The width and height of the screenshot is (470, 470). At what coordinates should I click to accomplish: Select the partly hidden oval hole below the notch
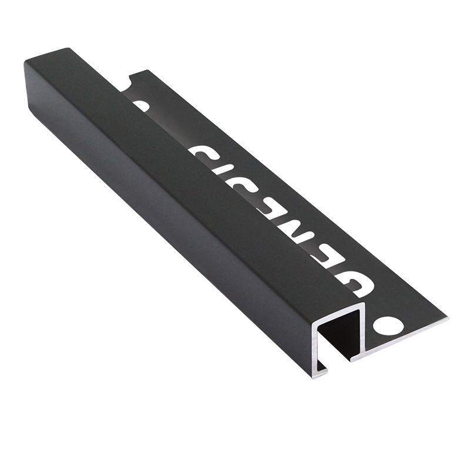point(139,106)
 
